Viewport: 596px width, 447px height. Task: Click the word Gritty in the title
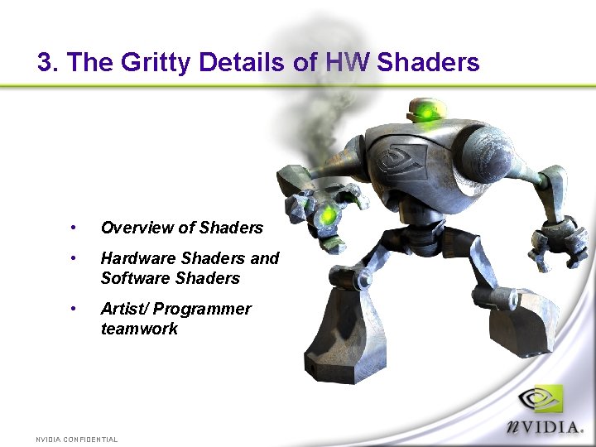pos(151,62)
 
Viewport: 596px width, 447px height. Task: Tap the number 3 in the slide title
pos(45,62)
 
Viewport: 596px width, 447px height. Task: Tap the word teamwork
pos(139,329)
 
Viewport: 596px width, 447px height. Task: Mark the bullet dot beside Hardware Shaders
pos(74,258)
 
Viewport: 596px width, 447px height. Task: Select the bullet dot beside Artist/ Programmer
pos(74,309)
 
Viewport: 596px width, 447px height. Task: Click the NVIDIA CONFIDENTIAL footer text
pos(77,439)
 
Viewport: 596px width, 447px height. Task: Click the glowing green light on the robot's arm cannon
pos(329,215)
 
